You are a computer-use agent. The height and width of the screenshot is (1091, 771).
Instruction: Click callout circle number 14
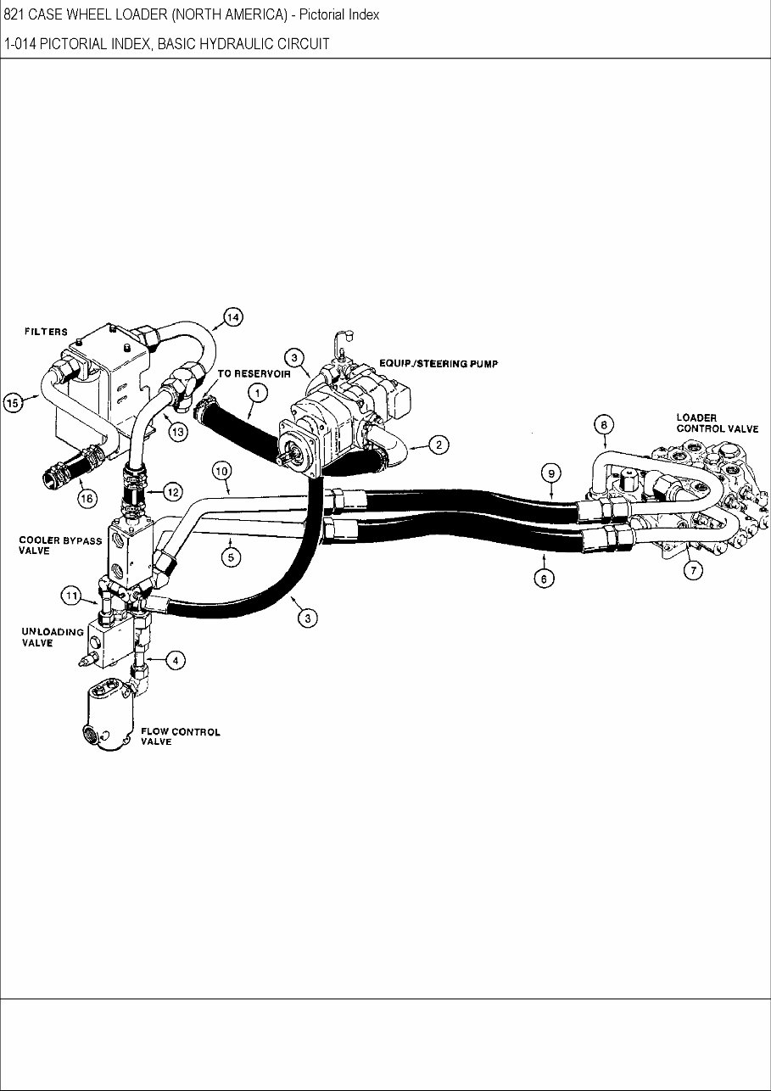232,318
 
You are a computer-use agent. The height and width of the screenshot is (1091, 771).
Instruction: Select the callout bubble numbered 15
13,403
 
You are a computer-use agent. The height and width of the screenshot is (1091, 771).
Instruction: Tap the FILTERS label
45,332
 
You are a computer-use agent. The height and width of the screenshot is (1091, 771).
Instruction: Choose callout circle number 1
258,392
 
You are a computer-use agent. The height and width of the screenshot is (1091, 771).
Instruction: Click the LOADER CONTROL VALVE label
717,422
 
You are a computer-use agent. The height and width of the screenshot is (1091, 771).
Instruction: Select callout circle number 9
550,473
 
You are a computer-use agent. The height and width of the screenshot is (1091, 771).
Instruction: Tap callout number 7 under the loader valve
693,570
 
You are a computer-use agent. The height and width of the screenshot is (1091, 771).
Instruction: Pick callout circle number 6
545,579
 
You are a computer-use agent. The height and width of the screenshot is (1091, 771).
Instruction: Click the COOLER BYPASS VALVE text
60,545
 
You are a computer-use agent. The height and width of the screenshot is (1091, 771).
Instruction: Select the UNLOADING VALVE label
53,637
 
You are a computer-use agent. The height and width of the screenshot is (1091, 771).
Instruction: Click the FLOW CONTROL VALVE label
180,736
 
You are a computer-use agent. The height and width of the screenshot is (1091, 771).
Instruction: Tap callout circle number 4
175,661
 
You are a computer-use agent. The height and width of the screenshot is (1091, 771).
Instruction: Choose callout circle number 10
221,469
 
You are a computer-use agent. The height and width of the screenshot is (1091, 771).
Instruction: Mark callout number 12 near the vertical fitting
172,491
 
